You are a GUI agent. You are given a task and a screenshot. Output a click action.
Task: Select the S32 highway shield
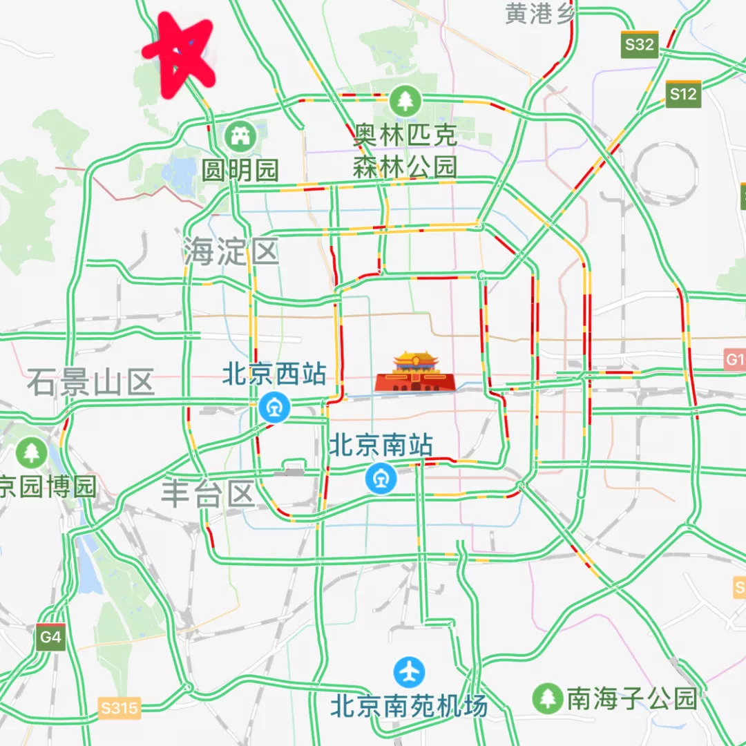click(638, 44)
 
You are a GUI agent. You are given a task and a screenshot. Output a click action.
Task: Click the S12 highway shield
click(683, 94)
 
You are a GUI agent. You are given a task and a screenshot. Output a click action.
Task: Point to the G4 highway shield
click(51, 637)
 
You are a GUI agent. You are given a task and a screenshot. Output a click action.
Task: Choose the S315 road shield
click(119, 707)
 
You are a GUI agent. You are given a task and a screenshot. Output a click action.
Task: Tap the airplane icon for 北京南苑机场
click(410, 671)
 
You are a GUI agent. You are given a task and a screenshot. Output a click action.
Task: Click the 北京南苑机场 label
click(409, 705)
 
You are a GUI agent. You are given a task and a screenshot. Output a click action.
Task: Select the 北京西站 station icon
click(274, 407)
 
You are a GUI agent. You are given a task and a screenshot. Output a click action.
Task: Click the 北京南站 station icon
click(381, 478)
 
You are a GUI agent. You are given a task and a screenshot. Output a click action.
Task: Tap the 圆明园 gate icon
click(240, 136)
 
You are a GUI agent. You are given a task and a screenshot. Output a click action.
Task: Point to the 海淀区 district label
click(231, 251)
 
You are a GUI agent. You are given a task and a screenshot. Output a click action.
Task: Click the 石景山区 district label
click(90, 382)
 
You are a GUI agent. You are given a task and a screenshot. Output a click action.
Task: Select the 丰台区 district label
click(209, 495)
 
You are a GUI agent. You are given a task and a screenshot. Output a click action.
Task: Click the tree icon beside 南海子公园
click(548, 698)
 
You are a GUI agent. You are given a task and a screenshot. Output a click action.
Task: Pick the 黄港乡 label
click(539, 13)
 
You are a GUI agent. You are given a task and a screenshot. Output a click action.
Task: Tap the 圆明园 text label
click(240, 170)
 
